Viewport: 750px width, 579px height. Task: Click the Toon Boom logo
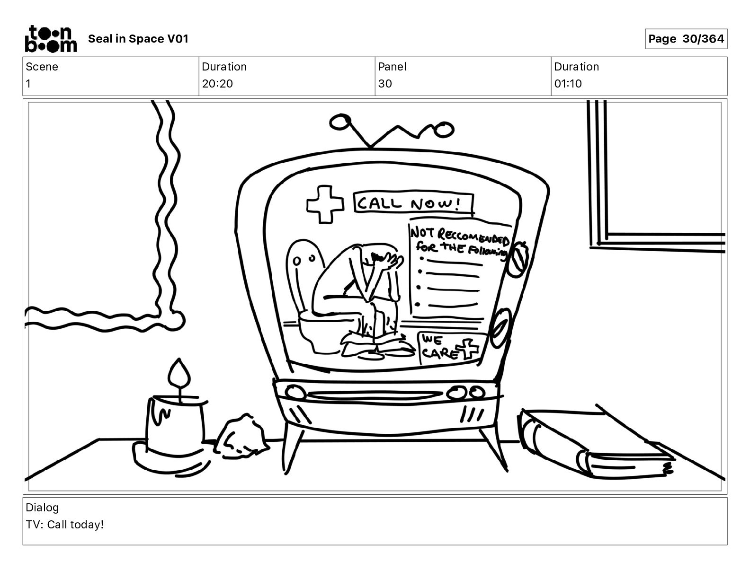tap(51, 39)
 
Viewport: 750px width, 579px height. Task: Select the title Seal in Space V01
tap(138, 39)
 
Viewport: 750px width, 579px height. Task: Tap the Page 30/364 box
tap(686, 39)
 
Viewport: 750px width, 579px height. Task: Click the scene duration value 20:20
tap(217, 83)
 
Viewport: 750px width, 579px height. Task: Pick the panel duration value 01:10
tap(568, 83)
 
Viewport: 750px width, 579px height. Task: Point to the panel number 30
tap(385, 83)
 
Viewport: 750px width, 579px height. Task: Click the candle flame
tap(179, 374)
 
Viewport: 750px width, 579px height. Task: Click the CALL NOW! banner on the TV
tap(413, 202)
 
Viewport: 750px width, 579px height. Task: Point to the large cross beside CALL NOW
tap(325, 204)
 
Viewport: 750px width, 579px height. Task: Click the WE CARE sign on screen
tap(450, 348)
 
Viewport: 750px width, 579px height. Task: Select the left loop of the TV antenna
tap(340, 122)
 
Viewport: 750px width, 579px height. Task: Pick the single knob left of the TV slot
tap(295, 393)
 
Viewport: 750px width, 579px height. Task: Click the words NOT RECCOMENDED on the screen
tap(459, 236)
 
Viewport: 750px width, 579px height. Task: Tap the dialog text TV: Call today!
tap(64, 525)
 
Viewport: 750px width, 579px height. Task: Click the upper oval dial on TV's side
tap(517, 259)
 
